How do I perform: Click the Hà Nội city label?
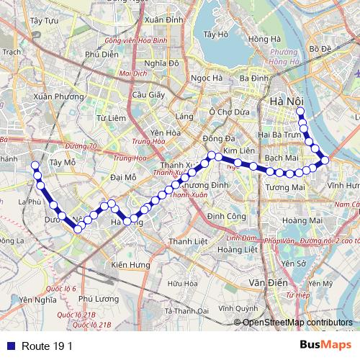pos(285,103)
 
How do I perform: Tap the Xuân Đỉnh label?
pos(162,21)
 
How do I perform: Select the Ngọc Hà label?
pos(204,78)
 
